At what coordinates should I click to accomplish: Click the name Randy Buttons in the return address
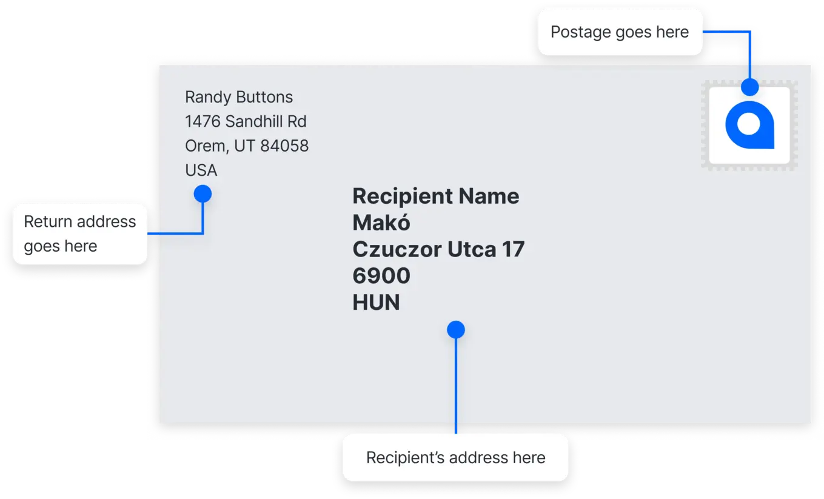(239, 97)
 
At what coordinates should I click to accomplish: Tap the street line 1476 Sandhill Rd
(246, 121)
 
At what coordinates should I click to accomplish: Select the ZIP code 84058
(284, 146)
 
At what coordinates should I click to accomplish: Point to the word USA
(201, 170)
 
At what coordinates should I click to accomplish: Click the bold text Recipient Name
(436, 196)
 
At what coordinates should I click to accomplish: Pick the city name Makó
(381, 223)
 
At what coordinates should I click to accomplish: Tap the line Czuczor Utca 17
(438, 249)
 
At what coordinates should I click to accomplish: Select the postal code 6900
(381, 276)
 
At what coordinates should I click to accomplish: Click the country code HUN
(376, 303)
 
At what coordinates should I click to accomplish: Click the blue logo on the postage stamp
(749, 126)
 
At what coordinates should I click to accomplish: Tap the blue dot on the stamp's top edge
(749, 87)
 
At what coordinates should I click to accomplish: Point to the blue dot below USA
(203, 194)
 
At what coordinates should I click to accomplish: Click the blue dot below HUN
(456, 329)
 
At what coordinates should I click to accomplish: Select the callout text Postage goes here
(620, 32)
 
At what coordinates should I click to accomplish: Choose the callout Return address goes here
(80, 234)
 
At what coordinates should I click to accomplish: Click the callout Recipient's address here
(456, 458)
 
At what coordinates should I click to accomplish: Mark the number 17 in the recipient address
(513, 249)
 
